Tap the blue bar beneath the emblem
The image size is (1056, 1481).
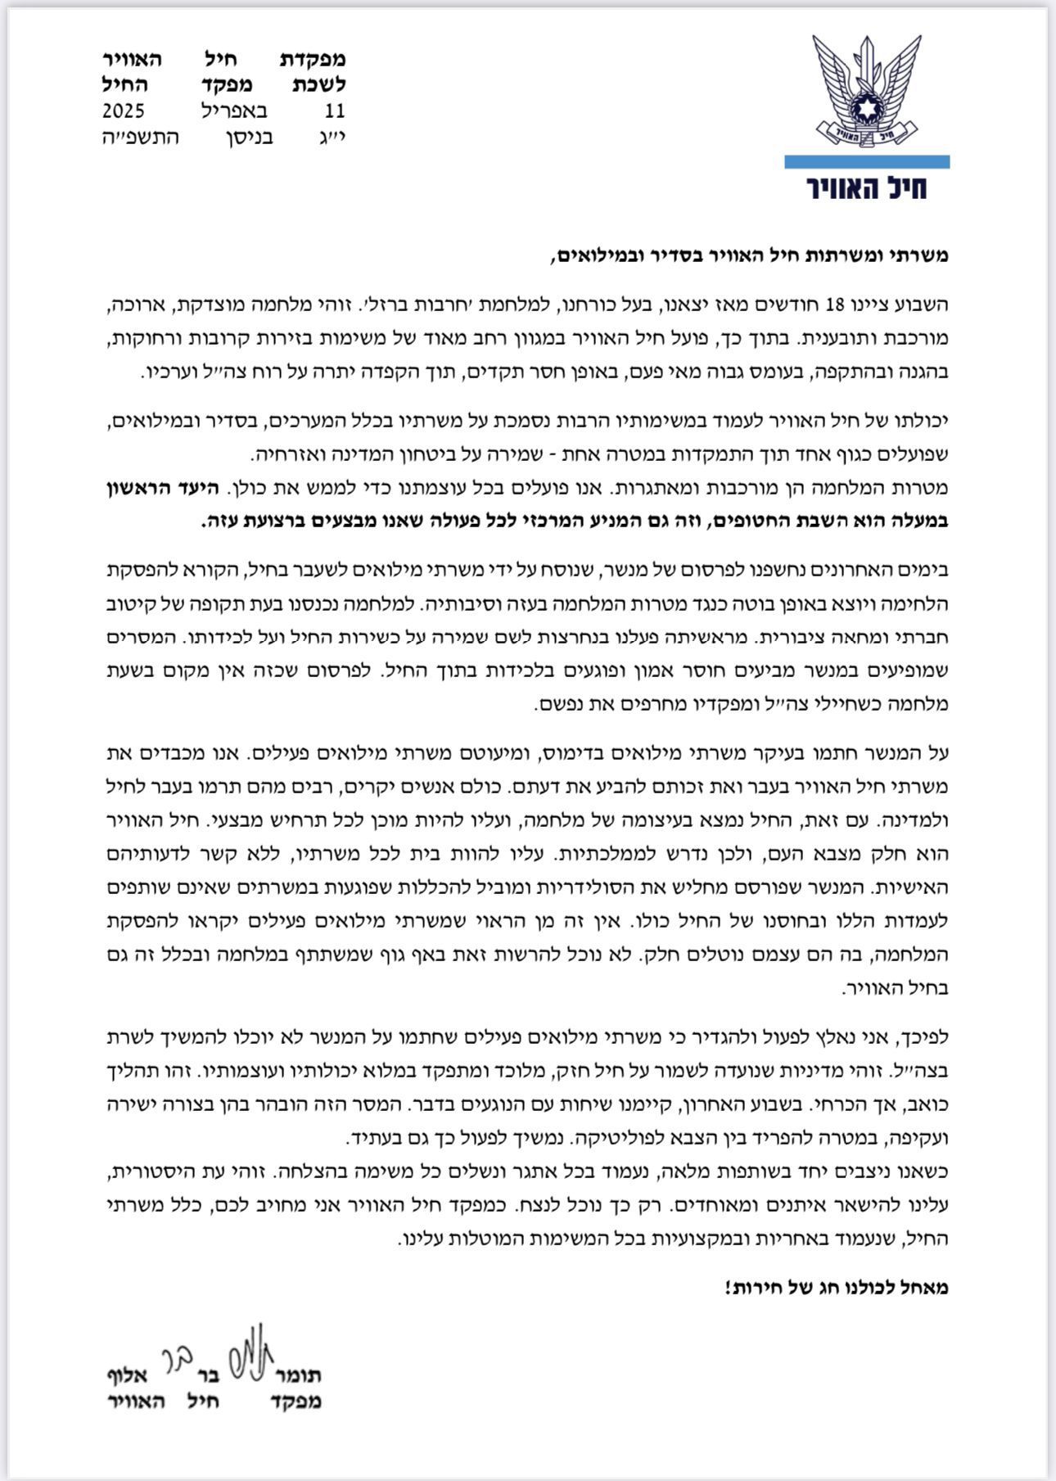867,162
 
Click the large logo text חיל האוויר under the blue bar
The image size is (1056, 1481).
867,187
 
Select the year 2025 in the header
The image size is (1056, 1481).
124,111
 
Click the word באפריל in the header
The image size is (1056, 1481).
234,111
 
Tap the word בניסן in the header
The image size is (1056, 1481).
249,137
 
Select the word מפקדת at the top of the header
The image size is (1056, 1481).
314,59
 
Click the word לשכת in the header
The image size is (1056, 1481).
319,85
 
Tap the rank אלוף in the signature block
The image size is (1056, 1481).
127,1375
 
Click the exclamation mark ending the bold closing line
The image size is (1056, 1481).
727,1288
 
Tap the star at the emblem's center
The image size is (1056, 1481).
867,109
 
